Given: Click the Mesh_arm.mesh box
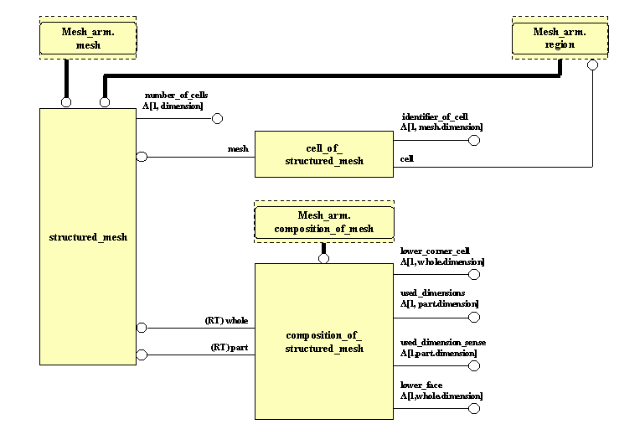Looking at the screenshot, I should (88, 39).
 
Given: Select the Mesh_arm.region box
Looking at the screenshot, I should (560, 39).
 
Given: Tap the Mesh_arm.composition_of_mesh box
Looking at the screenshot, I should (323, 222).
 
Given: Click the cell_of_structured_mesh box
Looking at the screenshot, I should (323, 154).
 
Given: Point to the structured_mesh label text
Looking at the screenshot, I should (88, 237).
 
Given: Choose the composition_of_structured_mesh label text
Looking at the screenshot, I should (323, 342).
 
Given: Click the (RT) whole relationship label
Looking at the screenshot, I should (227, 320).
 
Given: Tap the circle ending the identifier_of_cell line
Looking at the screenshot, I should (474, 140).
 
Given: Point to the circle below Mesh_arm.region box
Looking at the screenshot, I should (592, 65).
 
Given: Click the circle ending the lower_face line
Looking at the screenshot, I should (474, 409).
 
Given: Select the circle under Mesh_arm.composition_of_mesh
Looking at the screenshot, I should (323, 258).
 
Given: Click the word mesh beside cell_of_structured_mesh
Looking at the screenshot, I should (239, 149).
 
